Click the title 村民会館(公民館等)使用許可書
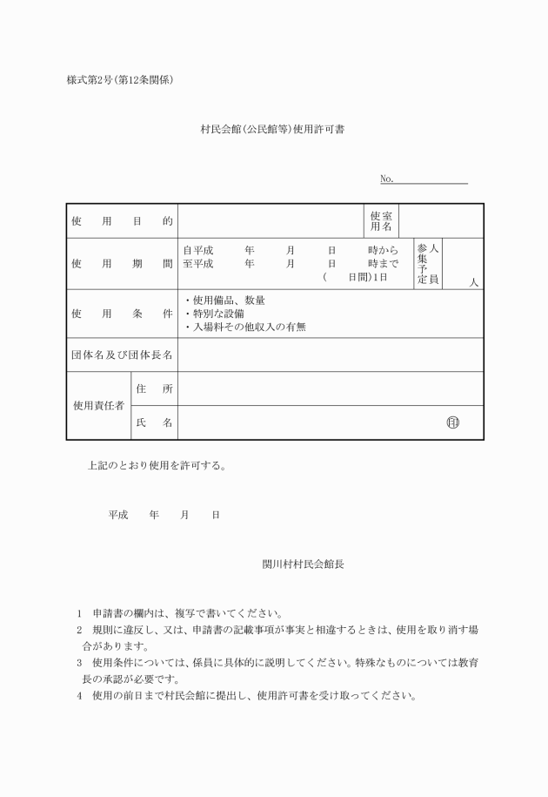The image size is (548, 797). tap(275, 129)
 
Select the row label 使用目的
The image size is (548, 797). tap(122, 221)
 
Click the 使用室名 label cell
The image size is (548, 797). tap(381, 221)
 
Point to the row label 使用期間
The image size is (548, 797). tap(122, 263)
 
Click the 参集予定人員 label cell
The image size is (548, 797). tap(428, 263)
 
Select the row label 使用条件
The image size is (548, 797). tap(122, 313)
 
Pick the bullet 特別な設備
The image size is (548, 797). tap(214, 314)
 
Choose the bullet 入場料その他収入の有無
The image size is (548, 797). tap(245, 328)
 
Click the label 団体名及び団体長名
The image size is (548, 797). tap(122, 355)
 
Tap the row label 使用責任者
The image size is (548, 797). tap(97, 406)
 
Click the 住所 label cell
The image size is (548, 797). tap(154, 388)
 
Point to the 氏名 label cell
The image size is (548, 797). tap(154, 423)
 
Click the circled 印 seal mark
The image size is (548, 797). tap(451, 423)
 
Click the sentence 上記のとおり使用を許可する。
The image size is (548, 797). tap(157, 465)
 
